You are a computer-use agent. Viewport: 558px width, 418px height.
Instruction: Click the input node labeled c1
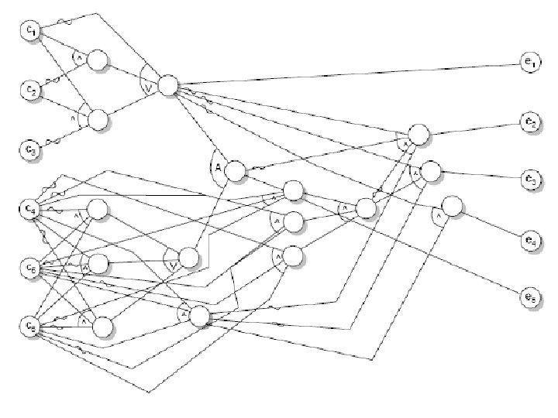point(29,31)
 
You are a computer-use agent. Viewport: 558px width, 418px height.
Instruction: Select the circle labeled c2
point(29,89)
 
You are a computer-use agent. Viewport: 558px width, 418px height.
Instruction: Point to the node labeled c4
point(29,208)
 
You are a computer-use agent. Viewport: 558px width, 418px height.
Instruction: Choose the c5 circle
point(29,269)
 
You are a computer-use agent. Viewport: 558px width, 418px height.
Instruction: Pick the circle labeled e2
point(530,122)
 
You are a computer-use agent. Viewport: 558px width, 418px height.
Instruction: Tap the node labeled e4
point(530,241)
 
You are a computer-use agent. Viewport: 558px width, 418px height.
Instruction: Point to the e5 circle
point(530,295)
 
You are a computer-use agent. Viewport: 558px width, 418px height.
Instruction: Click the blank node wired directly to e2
point(418,134)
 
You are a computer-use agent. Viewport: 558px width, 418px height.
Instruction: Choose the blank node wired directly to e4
point(452,207)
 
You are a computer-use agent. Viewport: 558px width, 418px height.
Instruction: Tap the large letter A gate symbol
point(217,166)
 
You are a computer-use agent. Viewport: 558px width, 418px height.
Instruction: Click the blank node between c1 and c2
point(98,60)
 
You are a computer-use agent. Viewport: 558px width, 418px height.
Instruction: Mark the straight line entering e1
point(349,74)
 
